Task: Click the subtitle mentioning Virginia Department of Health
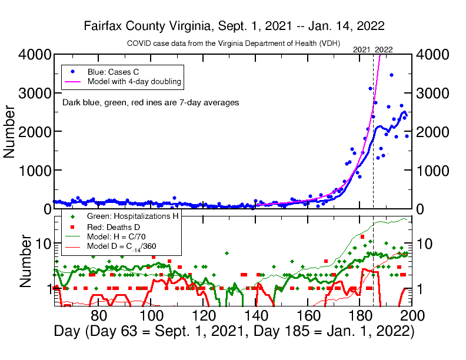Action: pos(234,44)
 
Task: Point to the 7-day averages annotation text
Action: pos(151,102)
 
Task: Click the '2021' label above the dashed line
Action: pos(361,49)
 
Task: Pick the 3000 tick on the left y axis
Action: pos(30,93)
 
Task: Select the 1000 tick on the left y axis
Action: pos(30,171)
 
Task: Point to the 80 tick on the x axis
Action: pos(99,315)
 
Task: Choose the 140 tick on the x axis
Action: pos(256,315)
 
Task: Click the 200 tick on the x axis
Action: pos(411,315)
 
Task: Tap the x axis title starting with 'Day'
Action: pos(234,331)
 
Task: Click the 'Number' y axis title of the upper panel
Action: pos(10,132)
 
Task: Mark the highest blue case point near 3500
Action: pos(391,75)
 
